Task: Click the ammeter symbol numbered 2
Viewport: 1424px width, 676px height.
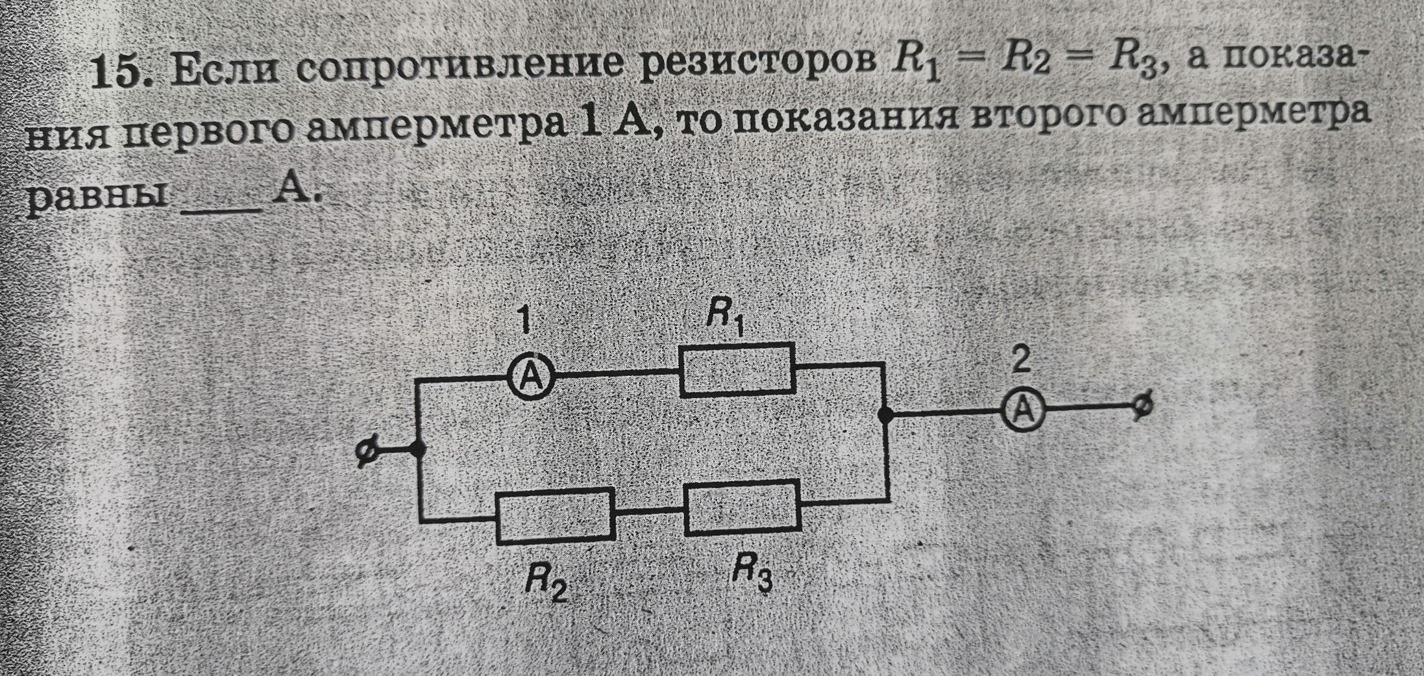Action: pos(1024,410)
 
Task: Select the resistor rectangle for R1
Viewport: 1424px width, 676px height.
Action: pos(737,369)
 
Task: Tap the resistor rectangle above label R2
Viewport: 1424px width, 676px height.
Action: pos(556,516)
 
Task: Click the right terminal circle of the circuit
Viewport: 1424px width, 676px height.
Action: pos(1144,406)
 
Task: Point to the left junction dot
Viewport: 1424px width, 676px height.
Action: pos(419,448)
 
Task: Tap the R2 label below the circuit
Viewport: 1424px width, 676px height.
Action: pos(545,585)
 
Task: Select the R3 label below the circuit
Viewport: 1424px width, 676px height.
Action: pos(752,575)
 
